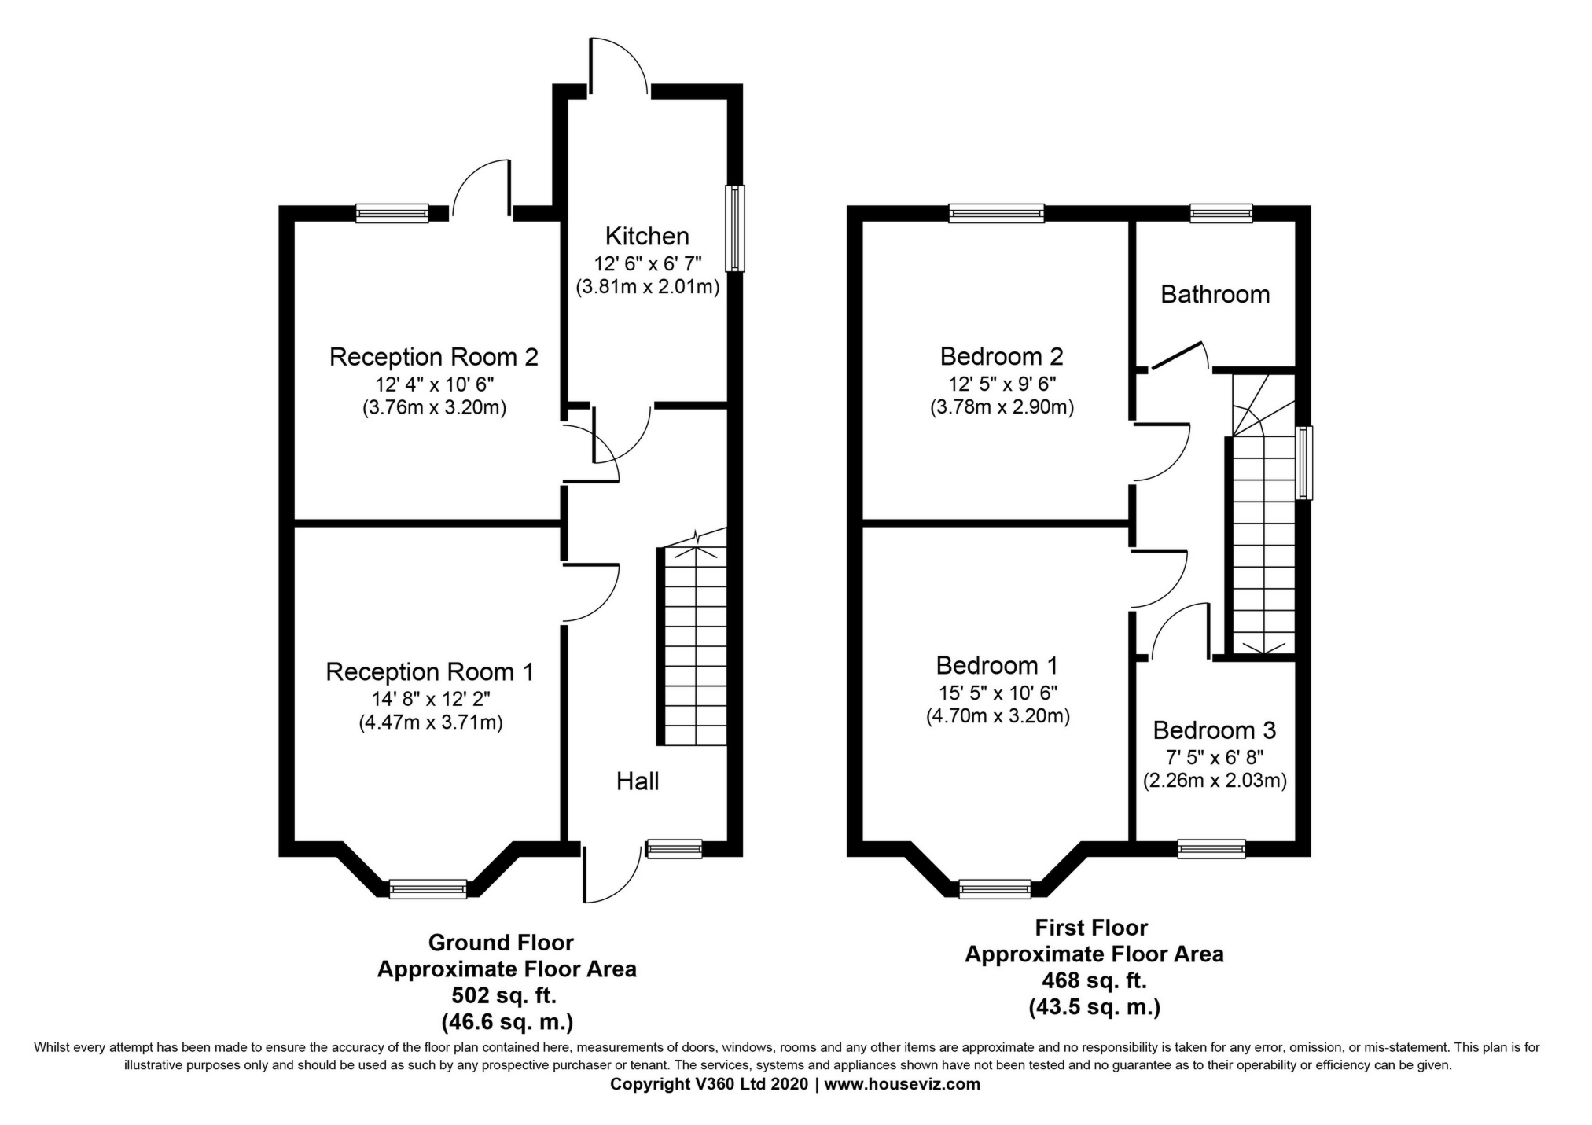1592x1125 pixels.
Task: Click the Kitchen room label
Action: tap(646, 236)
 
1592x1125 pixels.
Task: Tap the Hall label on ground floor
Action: tap(637, 781)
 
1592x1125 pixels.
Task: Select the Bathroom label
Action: tap(1215, 294)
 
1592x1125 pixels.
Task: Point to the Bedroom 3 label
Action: tap(1214, 730)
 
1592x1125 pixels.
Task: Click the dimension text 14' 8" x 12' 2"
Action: tap(431, 698)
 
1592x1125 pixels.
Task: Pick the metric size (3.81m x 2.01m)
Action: tap(647, 287)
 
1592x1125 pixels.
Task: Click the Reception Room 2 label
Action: tap(433, 357)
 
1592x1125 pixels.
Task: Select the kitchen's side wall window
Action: tap(734, 228)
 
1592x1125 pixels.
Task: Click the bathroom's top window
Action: tap(1220, 212)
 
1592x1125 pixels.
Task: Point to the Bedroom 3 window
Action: tap(1211, 848)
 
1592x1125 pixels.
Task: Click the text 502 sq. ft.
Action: tap(504, 995)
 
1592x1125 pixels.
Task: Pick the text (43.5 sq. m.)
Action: tap(1094, 1007)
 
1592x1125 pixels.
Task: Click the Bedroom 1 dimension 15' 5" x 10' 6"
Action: tap(996, 692)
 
